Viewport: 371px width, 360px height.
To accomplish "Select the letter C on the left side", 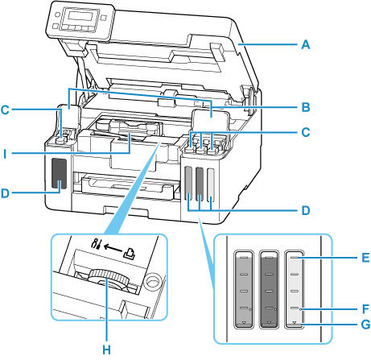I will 6,114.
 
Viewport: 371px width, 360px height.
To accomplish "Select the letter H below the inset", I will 105,350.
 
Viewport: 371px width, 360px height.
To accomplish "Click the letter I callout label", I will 6,151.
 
